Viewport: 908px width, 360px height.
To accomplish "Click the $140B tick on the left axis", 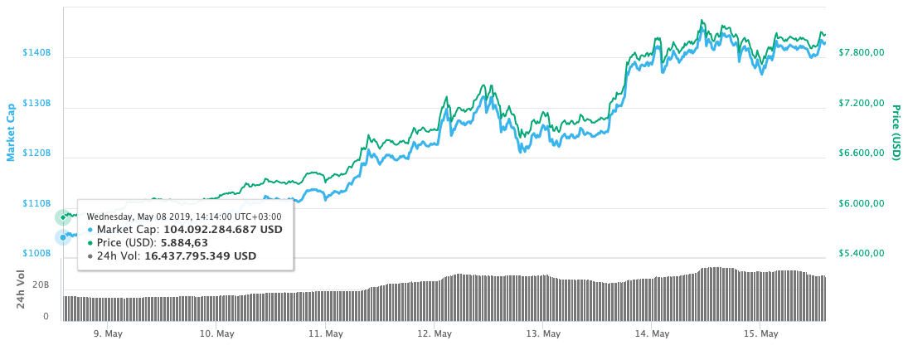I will click(36, 53).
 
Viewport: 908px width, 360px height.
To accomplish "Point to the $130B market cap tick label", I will click(36, 104).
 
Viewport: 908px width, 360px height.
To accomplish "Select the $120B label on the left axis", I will click(36, 153).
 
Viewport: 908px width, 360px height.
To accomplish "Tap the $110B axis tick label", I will click(36, 203).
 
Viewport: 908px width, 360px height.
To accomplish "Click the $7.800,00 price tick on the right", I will click(862, 53).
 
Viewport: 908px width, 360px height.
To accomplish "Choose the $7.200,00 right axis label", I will click(862, 104).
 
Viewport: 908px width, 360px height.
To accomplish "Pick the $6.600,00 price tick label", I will click(862, 153).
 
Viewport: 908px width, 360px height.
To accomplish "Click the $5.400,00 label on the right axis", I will click(862, 253).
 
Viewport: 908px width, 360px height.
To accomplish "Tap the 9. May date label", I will click(109, 334).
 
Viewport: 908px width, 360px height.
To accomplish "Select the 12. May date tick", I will click(435, 334).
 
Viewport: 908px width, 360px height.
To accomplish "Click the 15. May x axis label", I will click(761, 334).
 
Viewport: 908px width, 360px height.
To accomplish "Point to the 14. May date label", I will click(652, 334).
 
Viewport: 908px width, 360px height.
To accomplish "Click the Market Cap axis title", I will click(12, 132).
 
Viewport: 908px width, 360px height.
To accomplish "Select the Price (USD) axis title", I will click(896, 133).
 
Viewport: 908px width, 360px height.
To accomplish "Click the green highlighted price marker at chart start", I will click(63, 217).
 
